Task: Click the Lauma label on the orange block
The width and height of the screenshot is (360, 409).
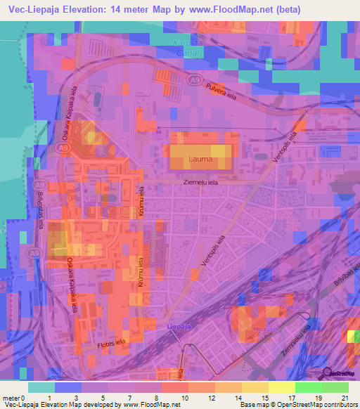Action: click(x=200, y=160)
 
